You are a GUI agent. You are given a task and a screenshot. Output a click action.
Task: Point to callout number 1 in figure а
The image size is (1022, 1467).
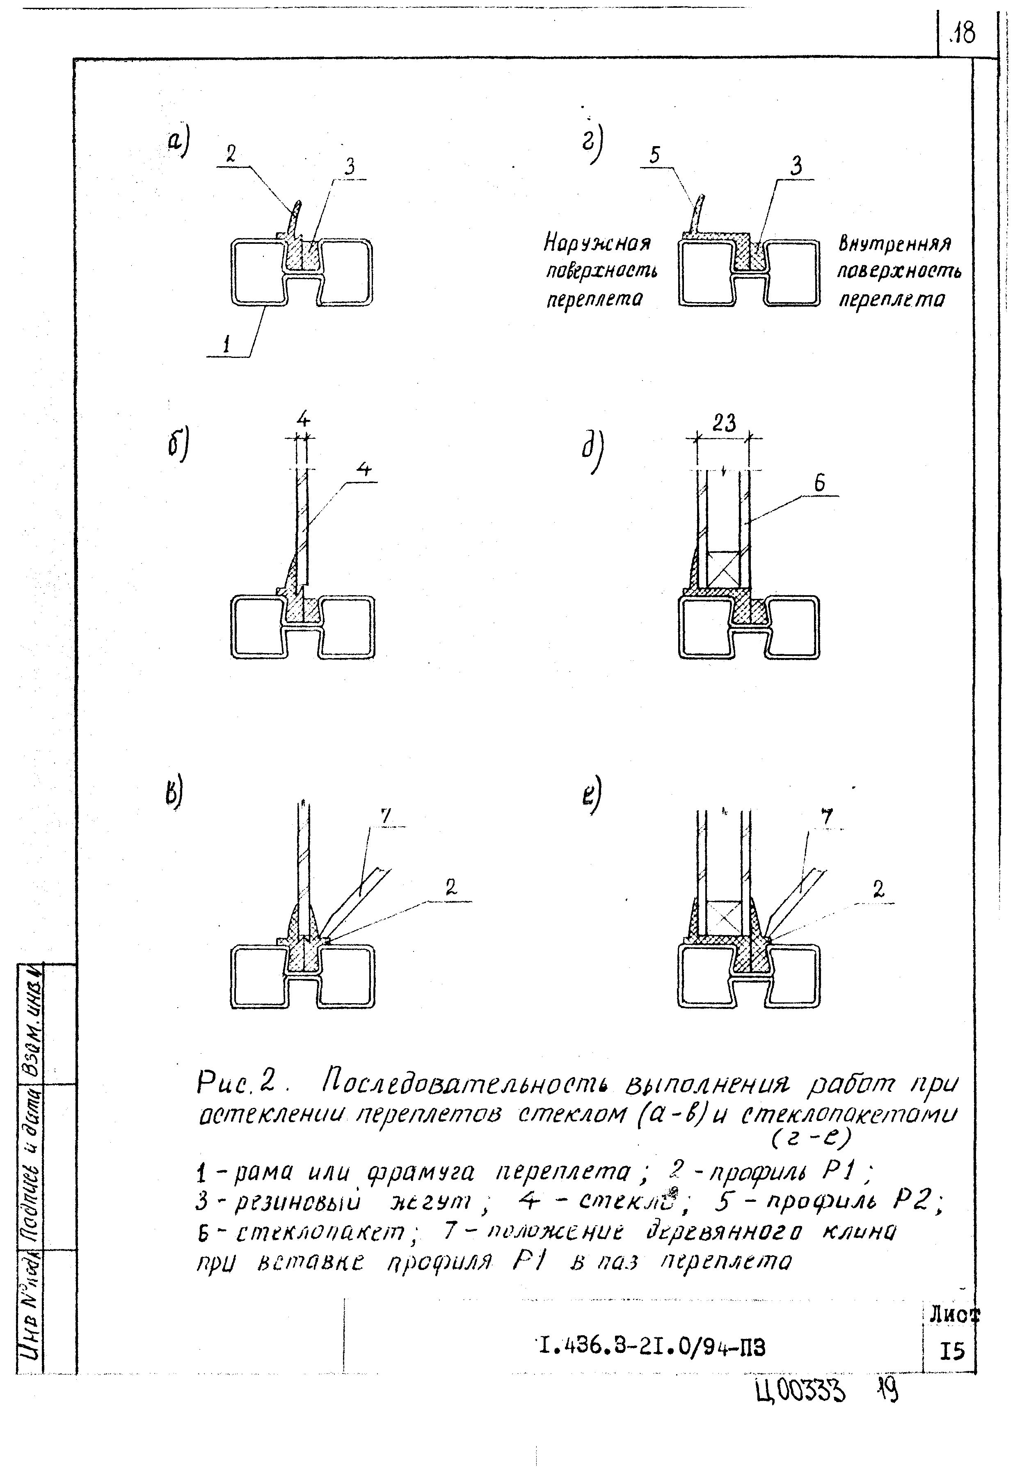click(226, 345)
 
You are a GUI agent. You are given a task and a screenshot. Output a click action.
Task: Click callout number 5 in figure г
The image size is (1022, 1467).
click(655, 155)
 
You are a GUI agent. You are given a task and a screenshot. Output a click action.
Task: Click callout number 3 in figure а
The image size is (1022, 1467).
click(350, 167)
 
